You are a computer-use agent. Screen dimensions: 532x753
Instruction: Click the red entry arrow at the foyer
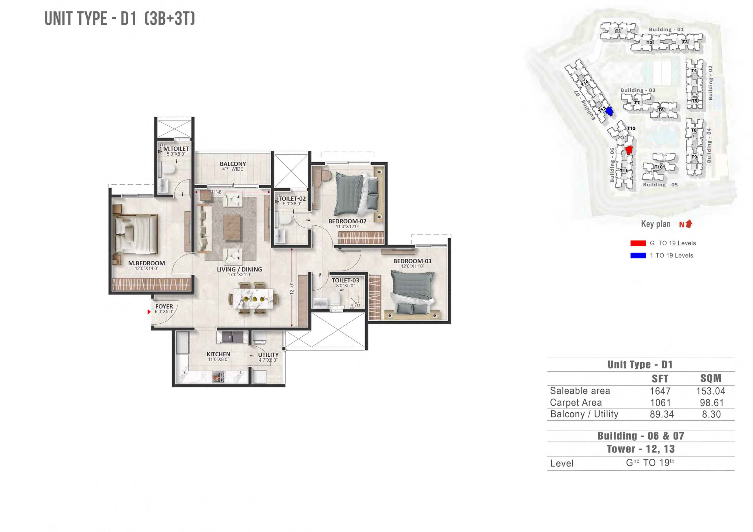[x=149, y=312]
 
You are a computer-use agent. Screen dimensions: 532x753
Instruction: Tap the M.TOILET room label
[x=176, y=149]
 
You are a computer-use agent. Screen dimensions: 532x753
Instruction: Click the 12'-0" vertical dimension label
[x=292, y=288]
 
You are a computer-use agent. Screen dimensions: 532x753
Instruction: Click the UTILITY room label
[x=268, y=355]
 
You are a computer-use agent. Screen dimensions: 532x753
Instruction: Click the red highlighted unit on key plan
[x=629, y=150]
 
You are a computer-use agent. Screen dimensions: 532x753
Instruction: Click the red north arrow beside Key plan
[x=689, y=224]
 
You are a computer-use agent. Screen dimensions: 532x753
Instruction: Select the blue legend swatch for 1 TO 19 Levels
[x=638, y=255]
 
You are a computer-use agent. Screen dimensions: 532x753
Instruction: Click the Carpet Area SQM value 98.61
[x=711, y=403]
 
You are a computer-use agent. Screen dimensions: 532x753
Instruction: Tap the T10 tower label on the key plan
[x=658, y=167]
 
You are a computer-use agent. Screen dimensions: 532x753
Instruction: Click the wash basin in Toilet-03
[x=320, y=303]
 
